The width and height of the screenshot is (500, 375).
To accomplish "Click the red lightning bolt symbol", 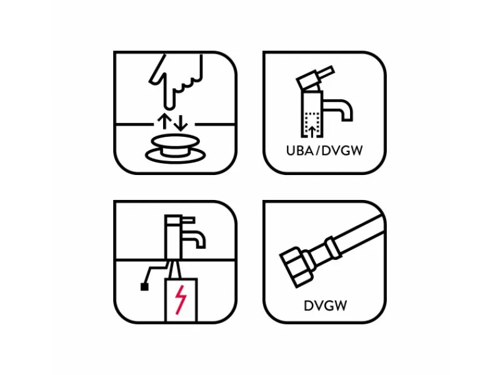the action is click(x=181, y=300).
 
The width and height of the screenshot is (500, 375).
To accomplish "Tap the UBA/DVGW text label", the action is click(x=324, y=151).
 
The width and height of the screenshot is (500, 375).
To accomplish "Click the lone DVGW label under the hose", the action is click(x=325, y=306).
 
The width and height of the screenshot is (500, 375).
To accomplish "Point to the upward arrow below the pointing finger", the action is click(x=164, y=121).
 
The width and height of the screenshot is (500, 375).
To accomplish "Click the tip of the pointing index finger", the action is click(x=169, y=107).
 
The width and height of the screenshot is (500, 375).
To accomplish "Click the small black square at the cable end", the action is click(x=144, y=287).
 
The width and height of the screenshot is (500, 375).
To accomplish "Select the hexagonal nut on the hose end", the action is click(x=296, y=267).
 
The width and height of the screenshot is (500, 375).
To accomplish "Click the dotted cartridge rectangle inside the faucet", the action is click(x=312, y=124).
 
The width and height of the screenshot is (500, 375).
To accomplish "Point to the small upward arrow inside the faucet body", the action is click(x=312, y=131).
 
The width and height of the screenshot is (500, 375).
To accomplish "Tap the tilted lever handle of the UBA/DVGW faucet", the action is click(x=315, y=77).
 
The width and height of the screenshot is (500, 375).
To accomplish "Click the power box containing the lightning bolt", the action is click(x=181, y=301).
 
